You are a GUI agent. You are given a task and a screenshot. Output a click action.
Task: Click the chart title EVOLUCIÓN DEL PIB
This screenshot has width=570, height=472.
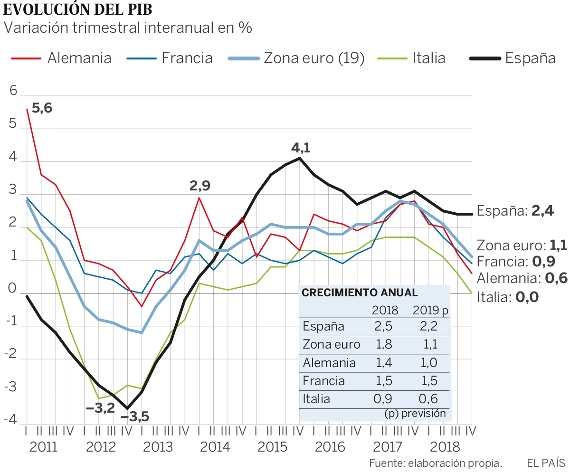tap(78, 9)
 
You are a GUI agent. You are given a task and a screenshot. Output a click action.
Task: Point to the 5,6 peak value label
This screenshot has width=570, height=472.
tap(42, 108)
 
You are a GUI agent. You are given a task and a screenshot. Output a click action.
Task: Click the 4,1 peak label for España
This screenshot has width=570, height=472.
tap(300, 148)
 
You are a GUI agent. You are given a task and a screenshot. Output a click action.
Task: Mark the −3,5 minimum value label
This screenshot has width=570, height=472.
tap(134, 417)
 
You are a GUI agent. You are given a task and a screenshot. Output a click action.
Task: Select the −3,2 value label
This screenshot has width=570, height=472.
tap(100, 407)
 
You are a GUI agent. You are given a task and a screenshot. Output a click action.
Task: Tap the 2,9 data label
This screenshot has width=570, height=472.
tap(199, 186)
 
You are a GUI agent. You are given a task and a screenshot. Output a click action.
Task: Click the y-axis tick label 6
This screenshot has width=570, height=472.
tap(13, 91)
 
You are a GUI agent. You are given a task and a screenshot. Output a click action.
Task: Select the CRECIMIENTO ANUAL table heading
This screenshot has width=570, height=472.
tap(353, 293)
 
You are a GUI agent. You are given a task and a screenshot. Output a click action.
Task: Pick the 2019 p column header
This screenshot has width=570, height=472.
tap(430, 311)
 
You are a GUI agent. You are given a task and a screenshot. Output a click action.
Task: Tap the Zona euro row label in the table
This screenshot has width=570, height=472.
tap(332, 344)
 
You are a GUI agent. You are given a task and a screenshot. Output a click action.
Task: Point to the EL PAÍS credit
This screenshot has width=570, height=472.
tap(546, 463)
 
